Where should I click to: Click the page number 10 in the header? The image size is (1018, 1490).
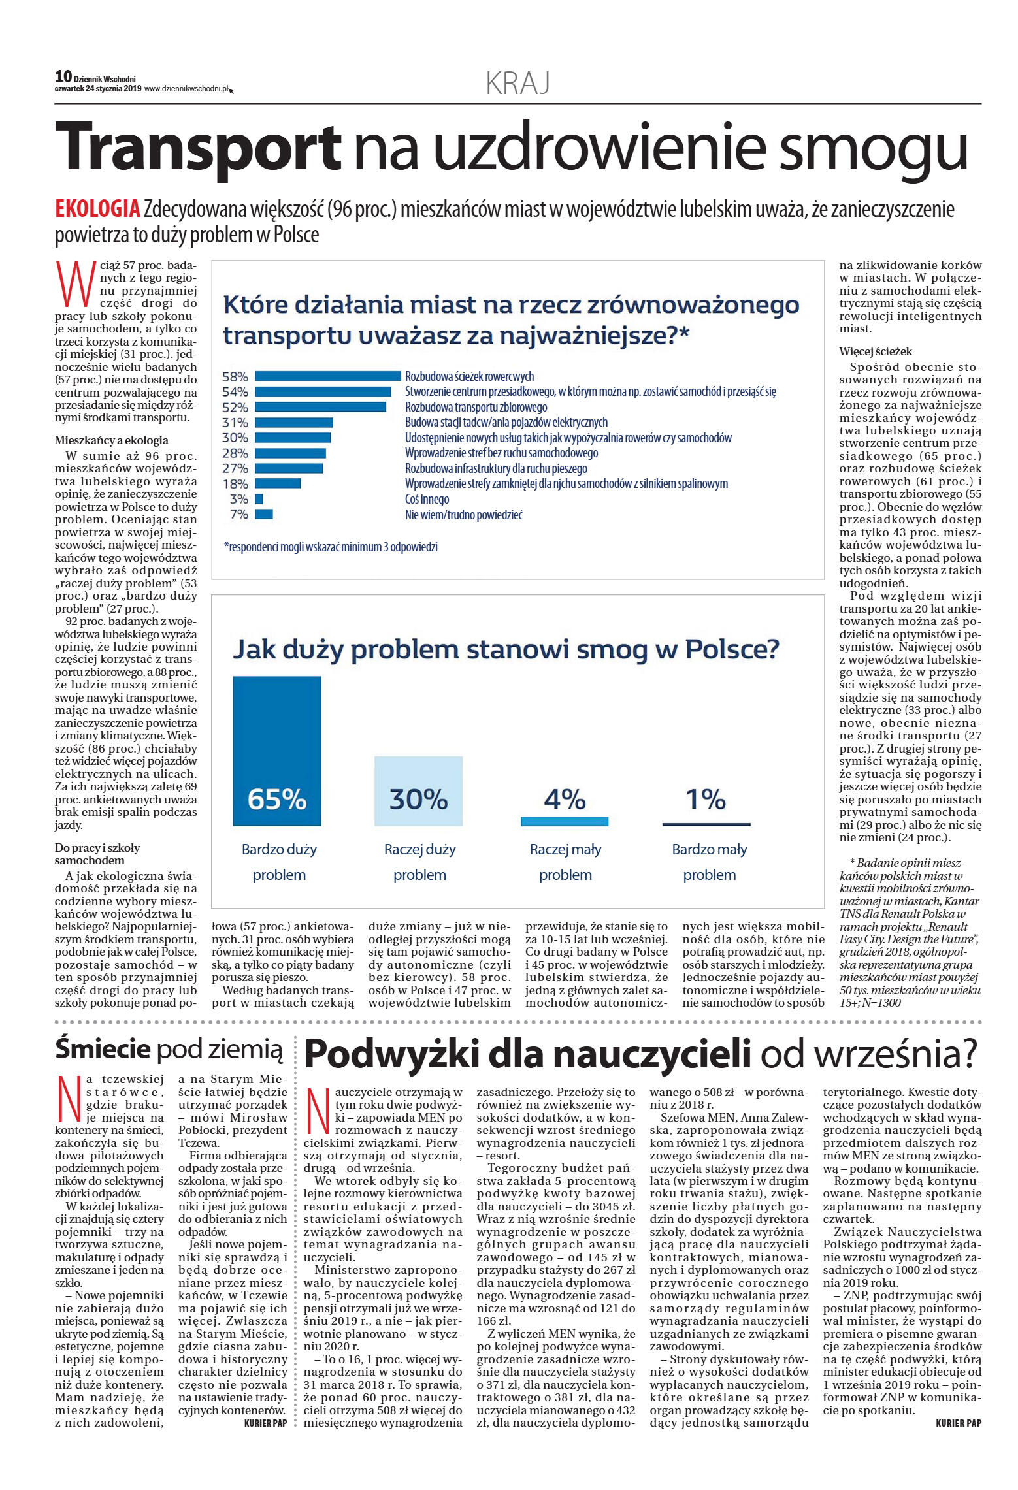tap(63, 77)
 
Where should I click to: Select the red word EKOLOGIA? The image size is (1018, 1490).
tap(98, 209)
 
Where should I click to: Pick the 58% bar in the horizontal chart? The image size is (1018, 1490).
tap(327, 376)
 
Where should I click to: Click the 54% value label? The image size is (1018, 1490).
tap(235, 392)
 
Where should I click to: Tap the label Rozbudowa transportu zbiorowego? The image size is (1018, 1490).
tap(476, 407)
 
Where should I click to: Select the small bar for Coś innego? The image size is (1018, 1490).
tap(259, 499)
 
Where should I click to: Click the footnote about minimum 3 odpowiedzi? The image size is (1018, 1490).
tap(331, 547)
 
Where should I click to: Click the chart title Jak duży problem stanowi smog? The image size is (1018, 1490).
tap(506, 649)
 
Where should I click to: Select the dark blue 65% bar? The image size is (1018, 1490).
tap(277, 751)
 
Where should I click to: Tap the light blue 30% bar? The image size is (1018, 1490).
tap(418, 790)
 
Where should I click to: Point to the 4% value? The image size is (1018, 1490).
tap(565, 799)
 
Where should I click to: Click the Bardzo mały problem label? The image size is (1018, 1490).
tap(709, 862)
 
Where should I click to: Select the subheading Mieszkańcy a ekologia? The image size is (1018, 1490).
tap(112, 440)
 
